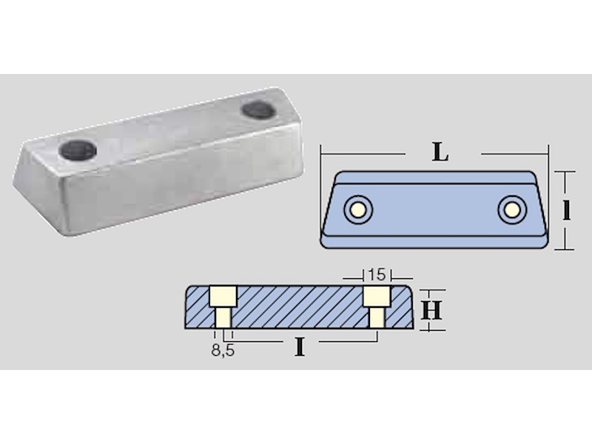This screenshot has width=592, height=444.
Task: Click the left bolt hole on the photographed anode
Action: pos(78,150)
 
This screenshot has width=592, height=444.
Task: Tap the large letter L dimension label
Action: pos(440,152)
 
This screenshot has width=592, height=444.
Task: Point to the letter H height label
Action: pos(431,310)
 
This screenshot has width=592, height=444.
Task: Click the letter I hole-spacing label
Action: pos(300,347)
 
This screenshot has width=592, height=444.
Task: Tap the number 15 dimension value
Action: pos(377,275)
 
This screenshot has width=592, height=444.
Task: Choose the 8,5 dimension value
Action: pos(223,350)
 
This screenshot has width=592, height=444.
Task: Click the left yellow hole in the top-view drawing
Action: pos(358,209)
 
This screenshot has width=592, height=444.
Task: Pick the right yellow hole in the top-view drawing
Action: pos(512,209)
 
